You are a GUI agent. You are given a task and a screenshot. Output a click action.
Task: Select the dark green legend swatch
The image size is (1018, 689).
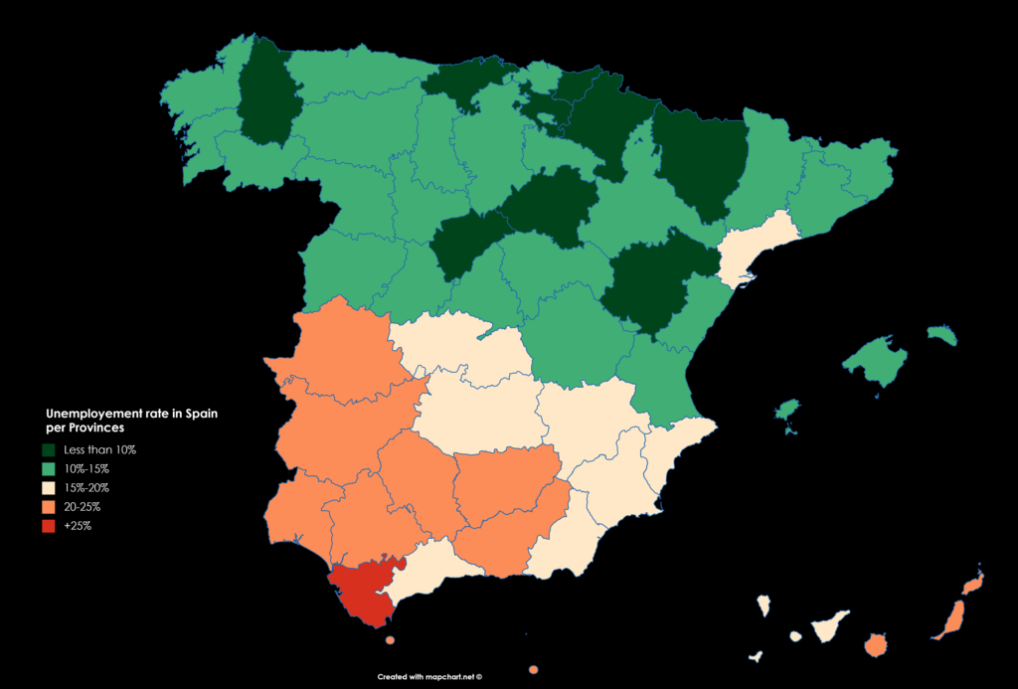click(x=49, y=450)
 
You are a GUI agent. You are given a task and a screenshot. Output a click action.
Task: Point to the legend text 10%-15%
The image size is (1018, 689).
click(x=86, y=469)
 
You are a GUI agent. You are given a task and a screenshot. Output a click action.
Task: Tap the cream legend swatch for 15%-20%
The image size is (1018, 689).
click(x=49, y=488)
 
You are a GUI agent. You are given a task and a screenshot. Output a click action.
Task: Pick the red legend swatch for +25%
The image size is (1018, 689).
click(x=49, y=526)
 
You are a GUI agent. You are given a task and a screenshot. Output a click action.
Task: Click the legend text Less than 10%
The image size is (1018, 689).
click(x=99, y=450)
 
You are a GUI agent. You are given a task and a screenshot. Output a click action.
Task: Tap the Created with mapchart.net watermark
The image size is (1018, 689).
click(x=429, y=676)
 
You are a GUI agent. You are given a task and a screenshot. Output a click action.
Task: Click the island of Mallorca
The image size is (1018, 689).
click(x=875, y=361)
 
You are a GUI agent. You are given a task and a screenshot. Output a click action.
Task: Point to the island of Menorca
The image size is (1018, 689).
click(x=942, y=336)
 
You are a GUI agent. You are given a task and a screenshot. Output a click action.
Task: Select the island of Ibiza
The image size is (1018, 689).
click(x=787, y=410)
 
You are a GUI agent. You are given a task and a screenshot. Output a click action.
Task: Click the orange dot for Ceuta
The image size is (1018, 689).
click(x=390, y=640)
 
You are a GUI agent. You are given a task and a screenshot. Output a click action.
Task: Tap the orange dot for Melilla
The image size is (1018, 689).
click(x=534, y=669)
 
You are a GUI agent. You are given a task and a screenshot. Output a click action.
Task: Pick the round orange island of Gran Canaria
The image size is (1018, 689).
click(x=876, y=646)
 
